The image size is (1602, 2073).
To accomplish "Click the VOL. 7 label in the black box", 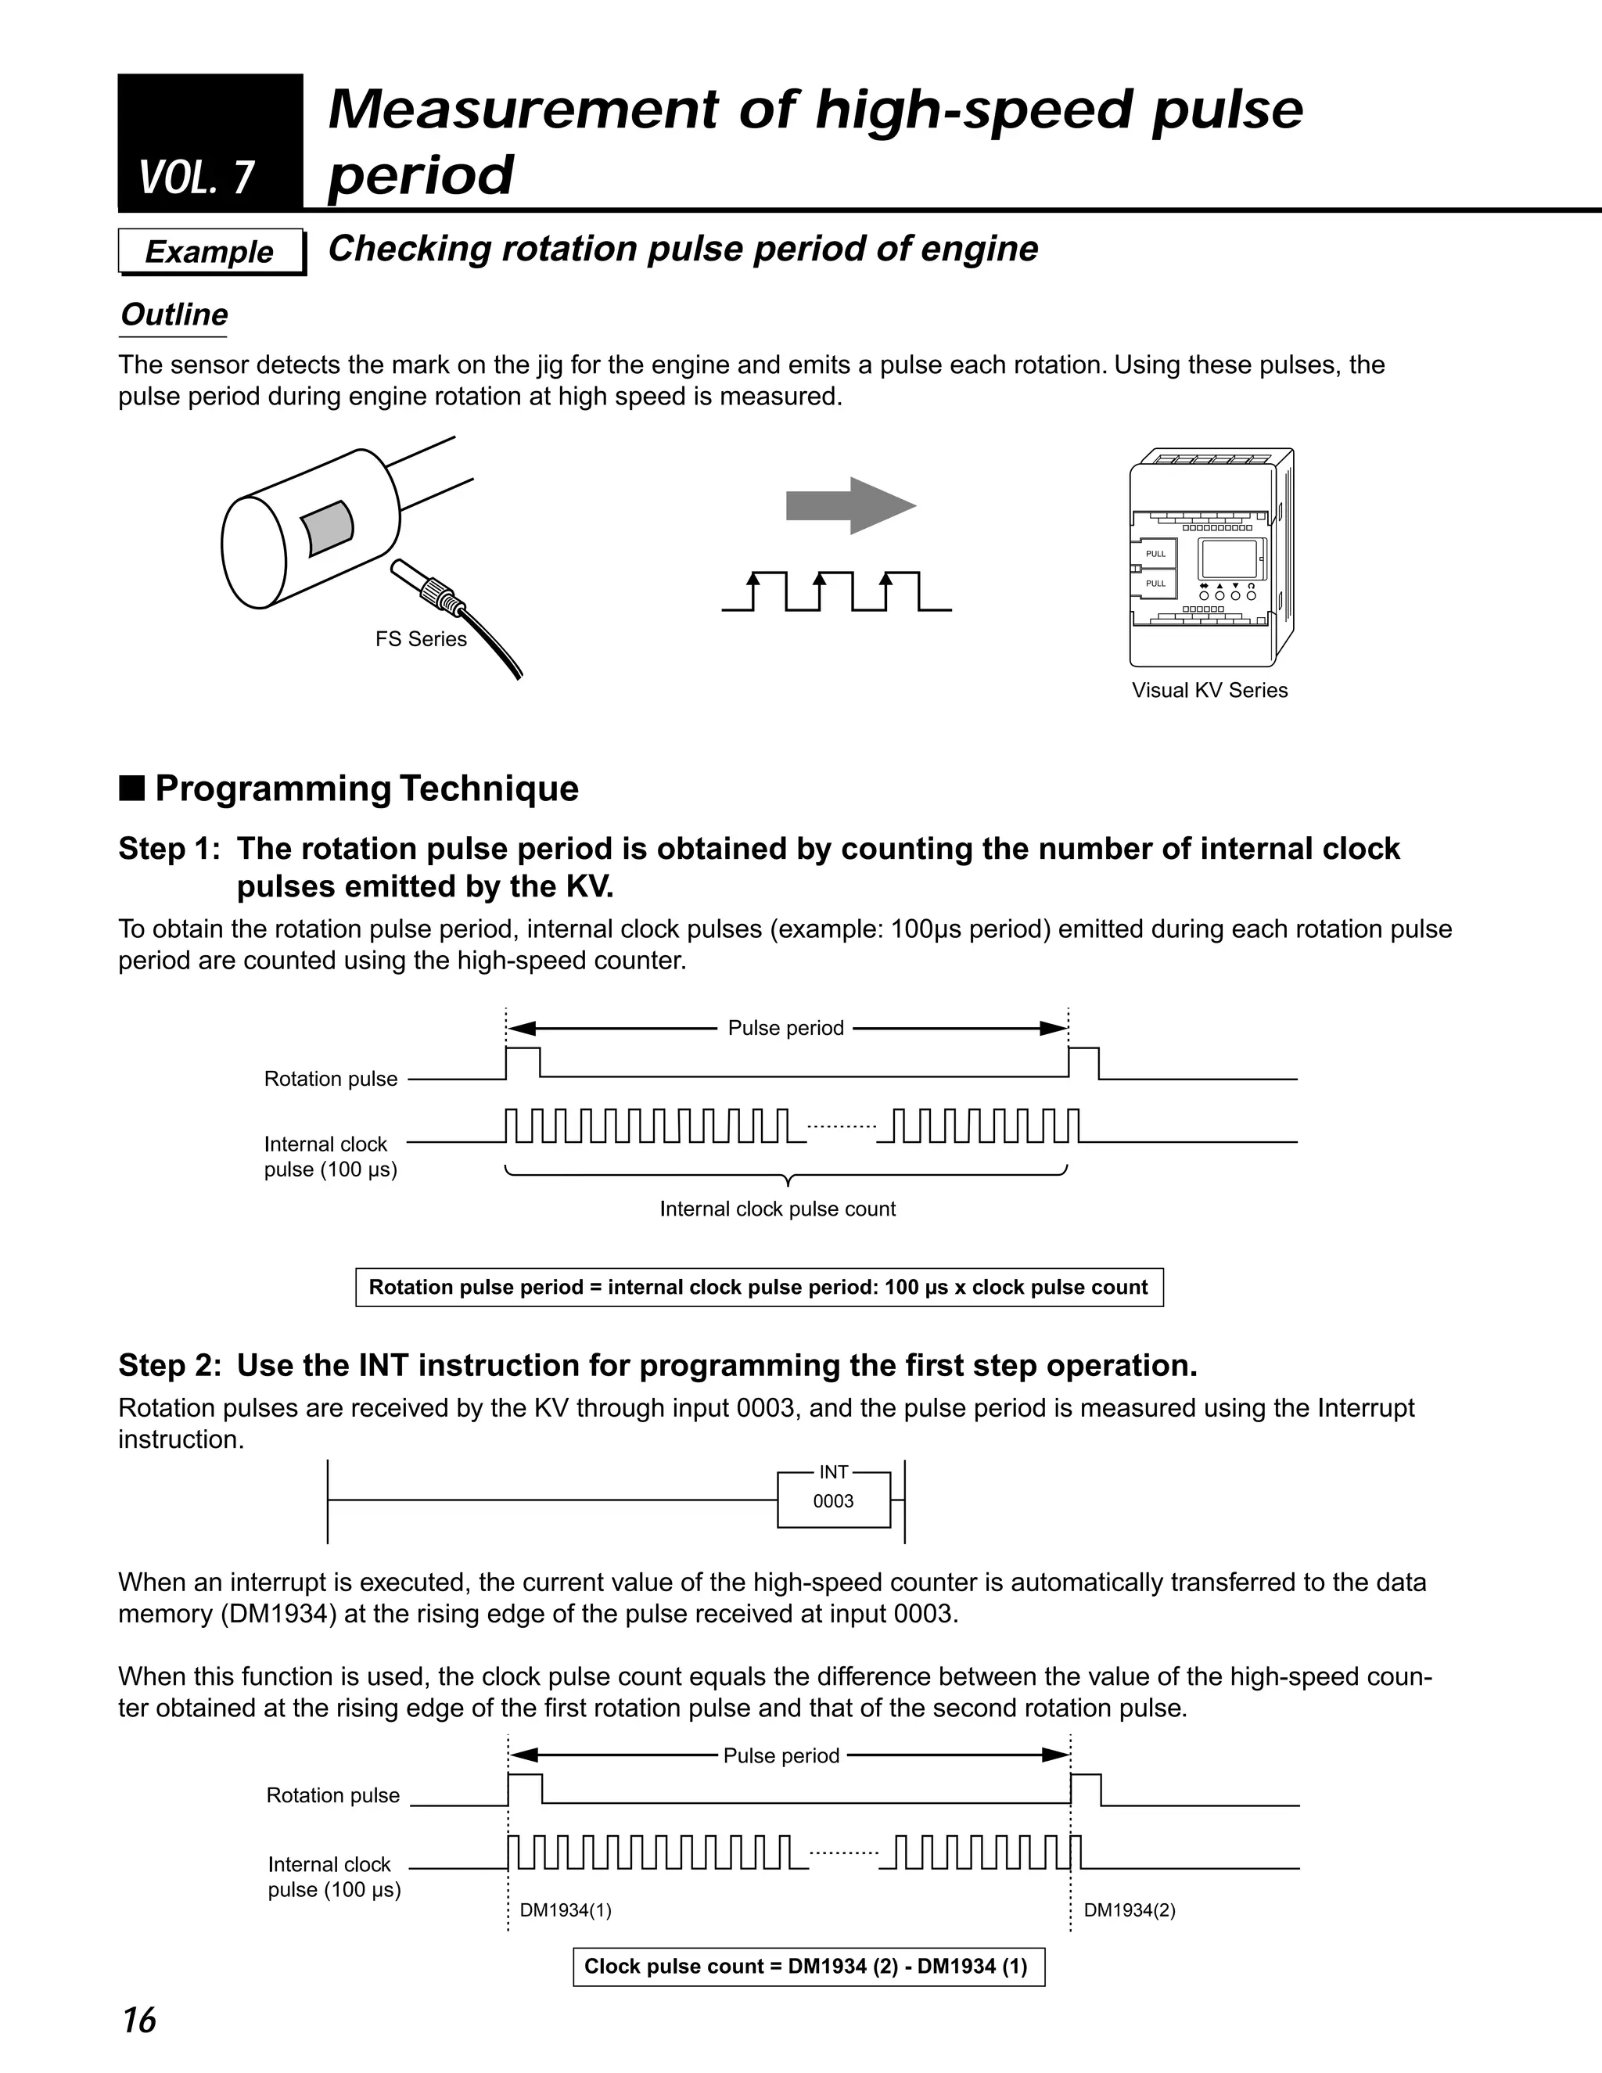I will (196, 178).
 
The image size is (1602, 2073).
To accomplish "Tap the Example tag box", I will (210, 252).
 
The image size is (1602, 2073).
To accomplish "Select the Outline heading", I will (174, 314).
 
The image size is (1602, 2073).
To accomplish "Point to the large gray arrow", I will (850, 506).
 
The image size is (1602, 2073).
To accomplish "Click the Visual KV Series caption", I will (1209, 690).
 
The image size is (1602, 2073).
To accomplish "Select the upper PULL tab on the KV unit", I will (1155, 553).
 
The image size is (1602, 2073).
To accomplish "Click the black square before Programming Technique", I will (132, 789).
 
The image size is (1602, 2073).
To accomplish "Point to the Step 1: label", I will (169, 849).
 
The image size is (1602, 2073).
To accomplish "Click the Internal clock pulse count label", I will (778, 1209).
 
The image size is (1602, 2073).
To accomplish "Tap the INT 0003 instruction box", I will (833, 1500).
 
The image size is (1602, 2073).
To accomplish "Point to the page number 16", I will (138, 2020).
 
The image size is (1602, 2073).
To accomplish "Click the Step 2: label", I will (169, 1365).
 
